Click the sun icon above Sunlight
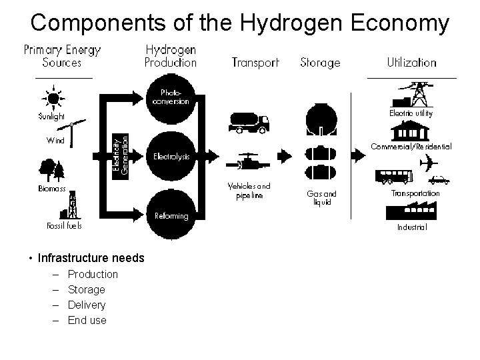[x=53, y=99]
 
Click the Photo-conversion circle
[x=171, y=97]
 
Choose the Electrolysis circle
[x=171, y=157]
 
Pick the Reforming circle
[x=171, y=215]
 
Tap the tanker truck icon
[x=248, y=123]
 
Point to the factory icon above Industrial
[x=407, y=211]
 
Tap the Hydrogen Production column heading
[x=171, y=56]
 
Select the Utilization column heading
[x=411, y=63]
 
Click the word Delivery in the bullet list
[x=87, y=305]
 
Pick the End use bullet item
[x=87, y=320]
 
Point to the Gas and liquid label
[x=321, y=197]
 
